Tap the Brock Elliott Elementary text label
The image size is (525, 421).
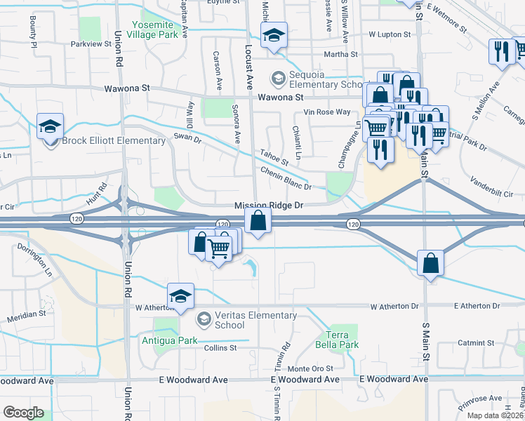[114, 140]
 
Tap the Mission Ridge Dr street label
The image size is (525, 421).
[268, 206]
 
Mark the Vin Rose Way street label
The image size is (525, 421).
[326, 112]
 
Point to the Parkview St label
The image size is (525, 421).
[91, 44]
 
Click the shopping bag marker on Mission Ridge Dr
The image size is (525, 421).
[258, 221]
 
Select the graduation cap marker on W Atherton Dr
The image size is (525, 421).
[180, 295]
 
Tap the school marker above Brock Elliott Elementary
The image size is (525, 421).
[51, 126]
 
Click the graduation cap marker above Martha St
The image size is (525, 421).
[274, 36]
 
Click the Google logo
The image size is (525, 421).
[22, 413]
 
